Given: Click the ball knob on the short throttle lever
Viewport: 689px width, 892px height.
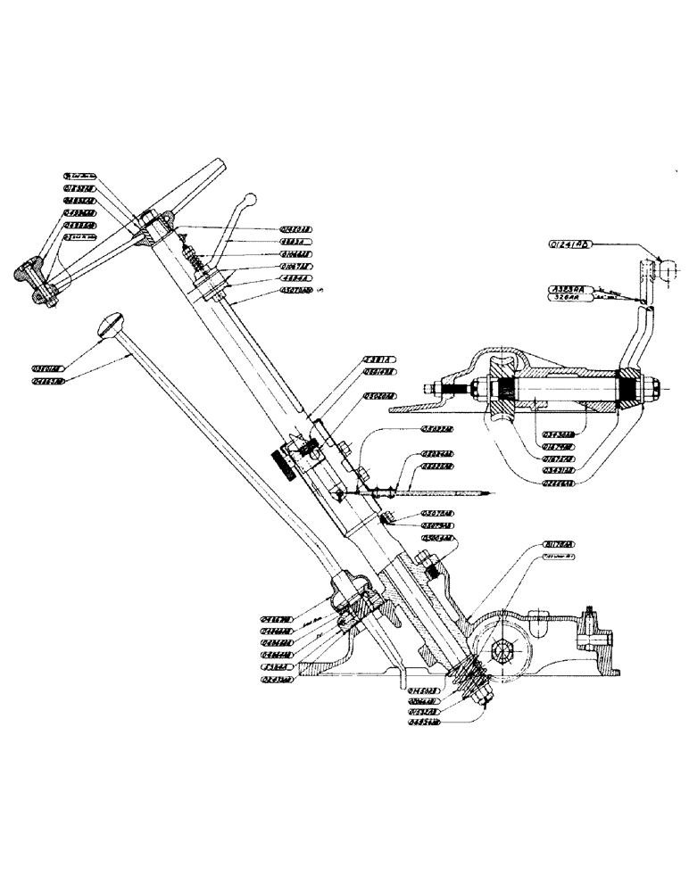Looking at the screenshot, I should click(x=252, y=199).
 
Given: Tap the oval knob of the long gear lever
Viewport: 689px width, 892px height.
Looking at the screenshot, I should click(x=110, y=323).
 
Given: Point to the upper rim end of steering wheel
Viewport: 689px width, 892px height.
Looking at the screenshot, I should click(x=217, y=166).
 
